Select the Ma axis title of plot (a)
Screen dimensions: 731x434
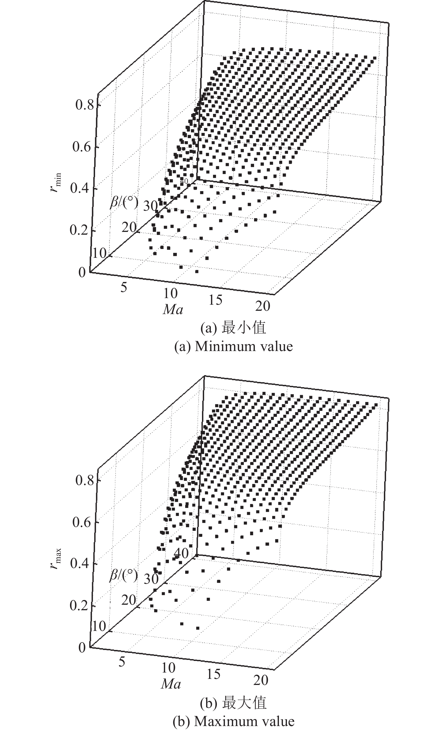(173, 310)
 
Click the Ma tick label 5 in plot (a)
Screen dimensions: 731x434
(124, 288)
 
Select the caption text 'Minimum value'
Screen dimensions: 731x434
(244, 347)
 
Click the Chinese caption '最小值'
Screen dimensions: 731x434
(244, 328)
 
